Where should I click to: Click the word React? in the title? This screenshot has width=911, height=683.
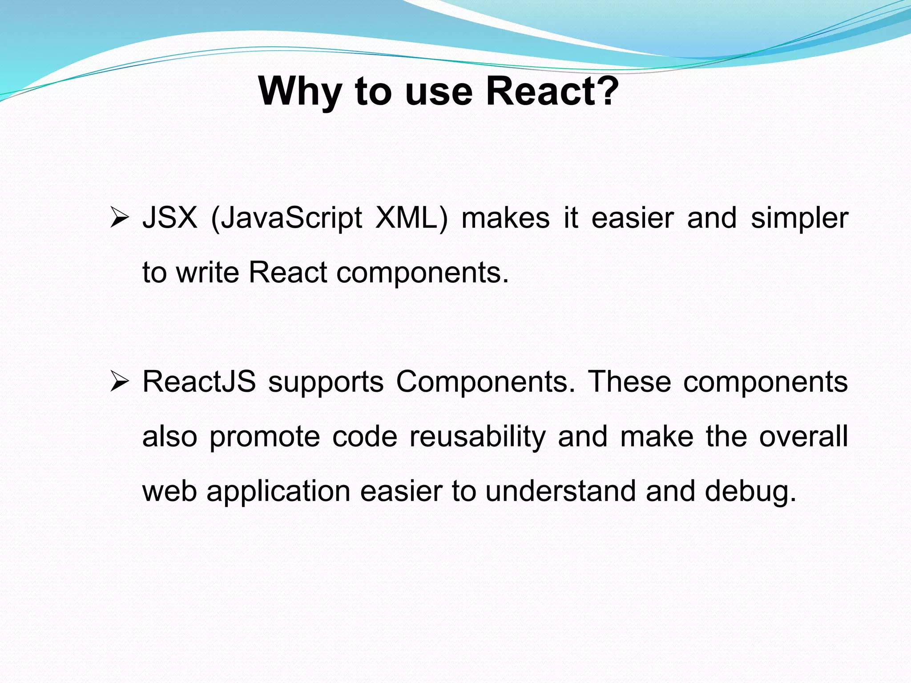coord(552,91)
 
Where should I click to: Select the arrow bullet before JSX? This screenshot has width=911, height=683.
coord(119,218)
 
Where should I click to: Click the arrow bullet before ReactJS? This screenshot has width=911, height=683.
coord(119,382)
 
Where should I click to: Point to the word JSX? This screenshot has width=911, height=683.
coord(169,218)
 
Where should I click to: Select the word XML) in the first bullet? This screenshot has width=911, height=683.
coord(411,218)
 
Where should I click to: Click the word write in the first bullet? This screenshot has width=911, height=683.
coord(208,272)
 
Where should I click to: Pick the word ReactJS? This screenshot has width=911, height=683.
coord(199,382)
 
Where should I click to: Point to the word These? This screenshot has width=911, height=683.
coord(629,382)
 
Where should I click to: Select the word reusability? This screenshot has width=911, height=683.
coord(477,437)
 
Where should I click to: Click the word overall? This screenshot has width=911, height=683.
coord(803,437)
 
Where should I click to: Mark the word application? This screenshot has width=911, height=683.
coord(278,492)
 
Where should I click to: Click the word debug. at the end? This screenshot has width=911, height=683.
coord(750,492)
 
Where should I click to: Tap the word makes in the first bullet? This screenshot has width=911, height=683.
coord(505,218)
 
